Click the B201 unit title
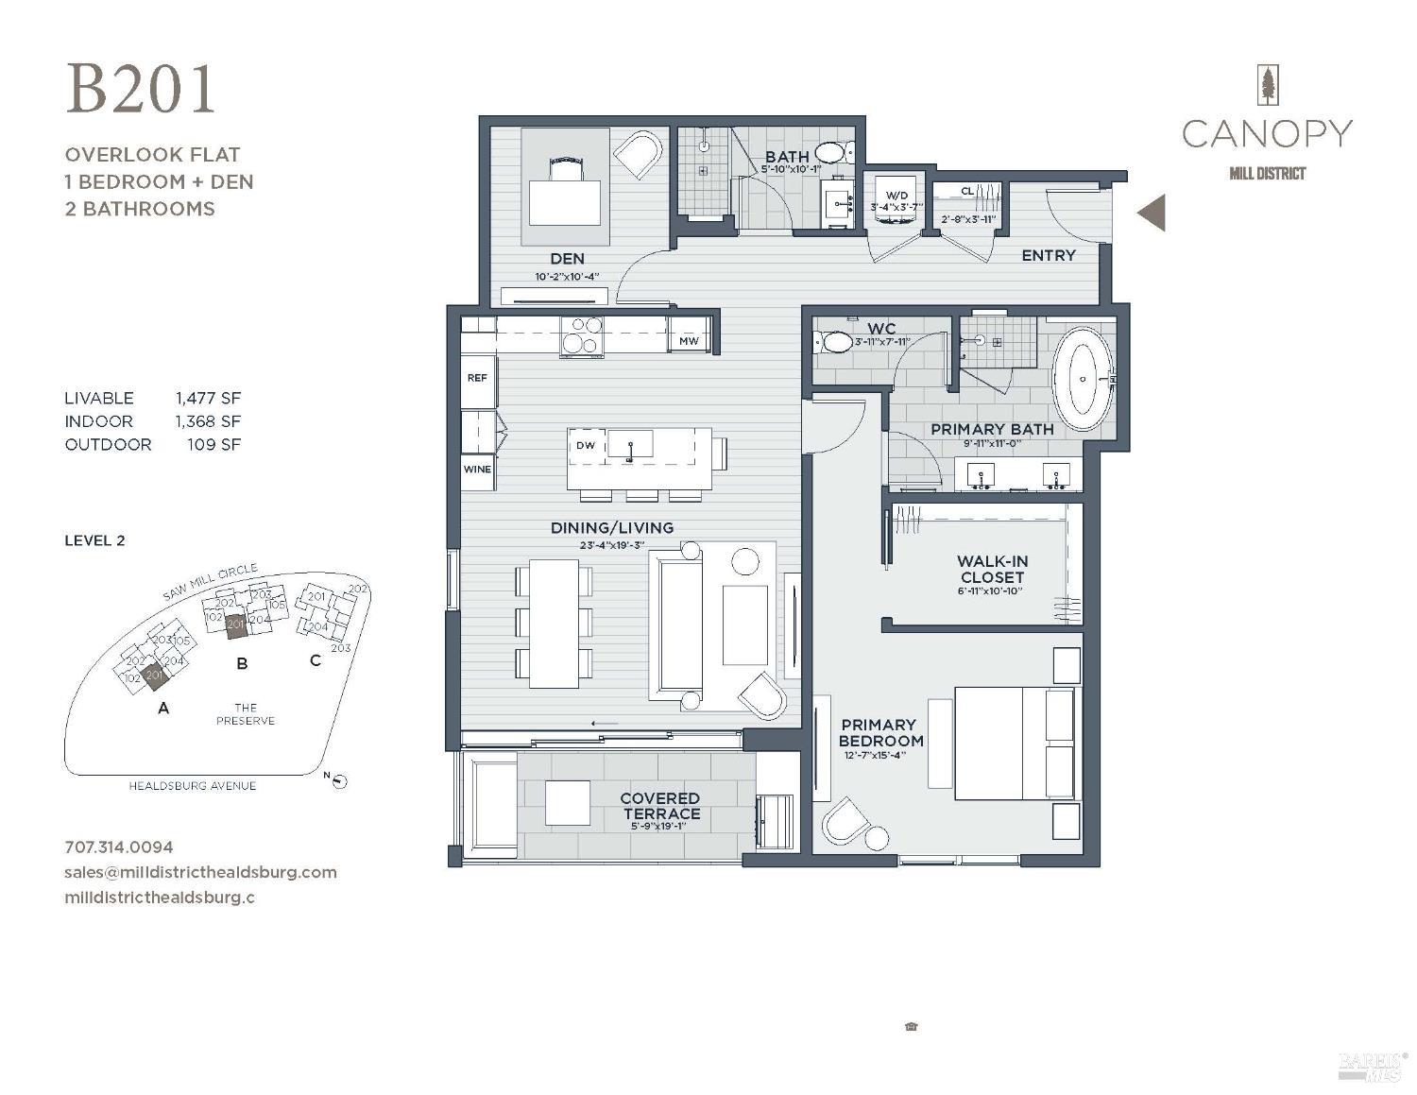tap(141, 90)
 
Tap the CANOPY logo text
tap(1266, 134)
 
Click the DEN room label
tap(567, 258)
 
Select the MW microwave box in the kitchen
tap(689, 341)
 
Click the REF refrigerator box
tap(477, 378)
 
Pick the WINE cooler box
tap(477, 470)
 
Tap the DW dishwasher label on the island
tap(586, 445)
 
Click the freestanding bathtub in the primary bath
tap(1084, 379)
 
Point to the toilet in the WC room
tap(834, 342)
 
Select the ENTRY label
tap(1048, 255)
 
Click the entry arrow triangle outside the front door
tap(1152, 213)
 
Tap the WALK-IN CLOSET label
tap(991, 570)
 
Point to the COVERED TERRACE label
tap(660, 806)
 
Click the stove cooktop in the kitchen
tap(582, 335)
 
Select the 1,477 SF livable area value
tap(208, 399)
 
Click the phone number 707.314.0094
tap(119, 847)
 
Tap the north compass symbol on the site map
tap(340, 780)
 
